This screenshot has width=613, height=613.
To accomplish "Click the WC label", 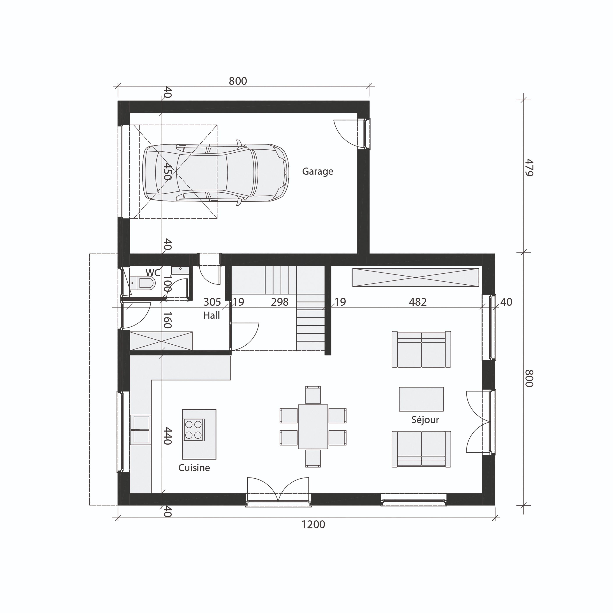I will coord(153,273).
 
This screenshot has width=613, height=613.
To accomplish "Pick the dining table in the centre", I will coord(313,426).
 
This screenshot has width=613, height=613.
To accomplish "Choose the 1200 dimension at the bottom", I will coord(313,525).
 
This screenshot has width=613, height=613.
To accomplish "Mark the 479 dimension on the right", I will coord(529,167).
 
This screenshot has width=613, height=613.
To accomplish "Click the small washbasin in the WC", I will coord(180,270).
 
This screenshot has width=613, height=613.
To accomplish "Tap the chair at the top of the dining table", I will coord(313,395).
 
